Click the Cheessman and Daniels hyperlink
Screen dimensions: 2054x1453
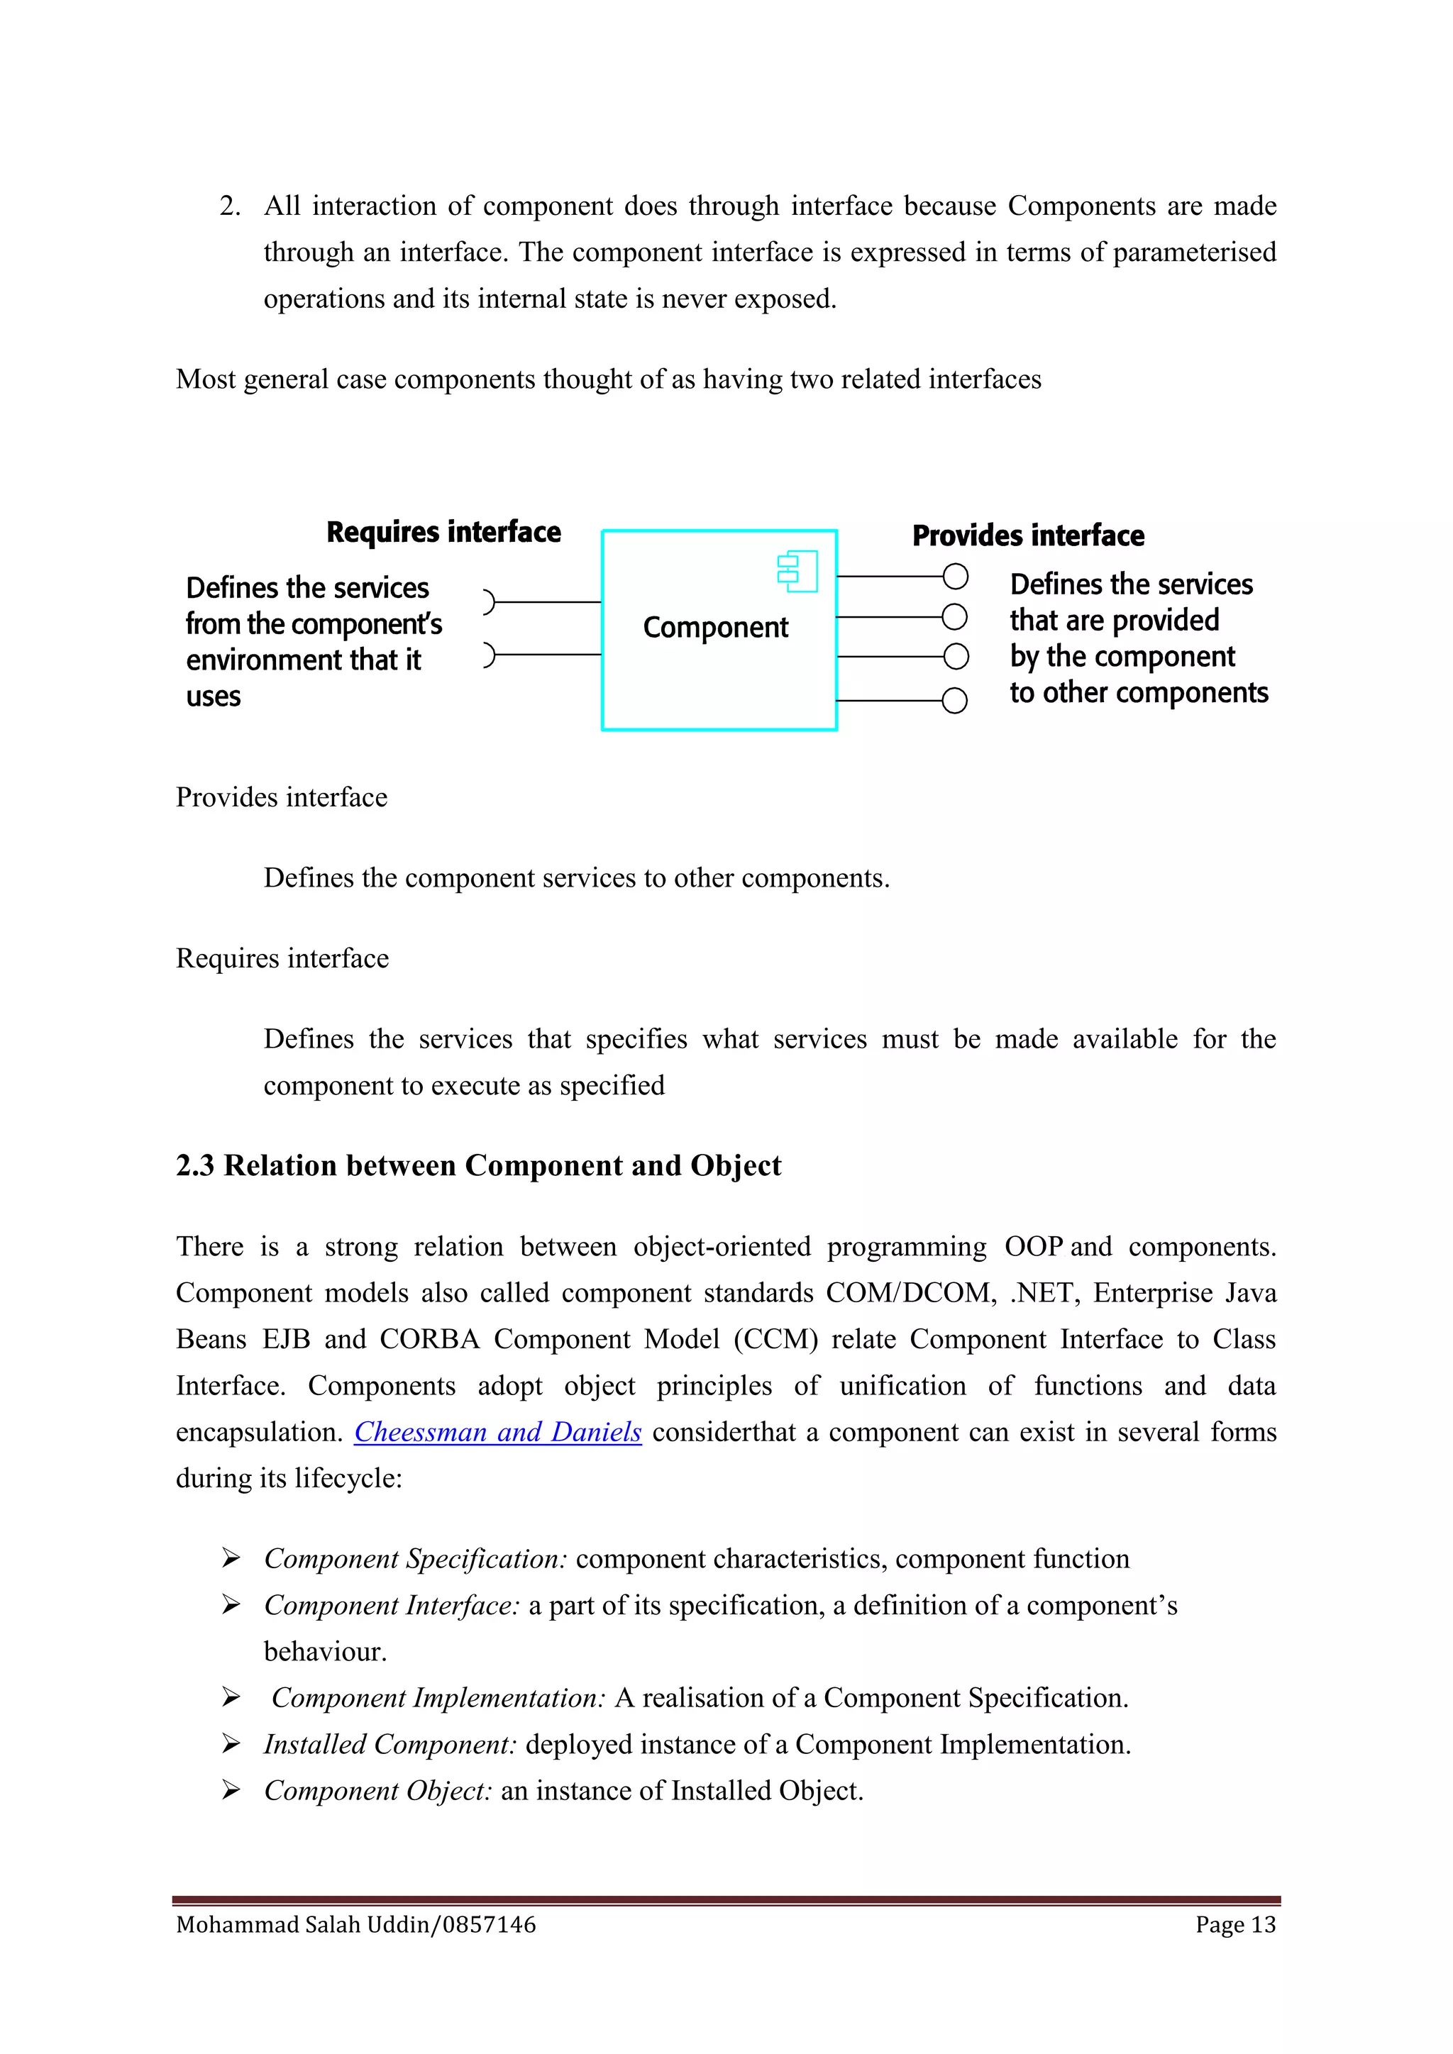pyautogui.click(x=497, y=1432)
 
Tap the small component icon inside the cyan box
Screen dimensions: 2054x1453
pyautogui.click(x=797, y=572)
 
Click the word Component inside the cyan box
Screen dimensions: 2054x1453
pyautogui.click(x=715, y=627)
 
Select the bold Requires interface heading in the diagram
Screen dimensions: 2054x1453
pyautogui.click(x=443, y=532)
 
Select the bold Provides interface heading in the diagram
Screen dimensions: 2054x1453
pyautogui.click(x=1028, y=536)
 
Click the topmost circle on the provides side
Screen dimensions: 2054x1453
pyautogui.click(x=955, y=577)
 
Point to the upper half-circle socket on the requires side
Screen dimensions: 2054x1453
pyautogui.click(x=489, y=602)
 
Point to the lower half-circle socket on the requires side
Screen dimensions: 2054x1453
pyautogui.click(x=489, y=655)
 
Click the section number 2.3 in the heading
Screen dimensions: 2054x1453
pyautogui.click(x=195, y=1166)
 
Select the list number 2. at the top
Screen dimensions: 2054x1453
pyautogui.click(x=230, y=206)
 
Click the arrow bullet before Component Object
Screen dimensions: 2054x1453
pyautogui.click(x=231, y=1790)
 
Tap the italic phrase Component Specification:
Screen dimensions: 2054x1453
pyautogui.click(x=415, y=1559)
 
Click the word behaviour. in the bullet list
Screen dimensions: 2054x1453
pyautogui.click(x=325, y=1651)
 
